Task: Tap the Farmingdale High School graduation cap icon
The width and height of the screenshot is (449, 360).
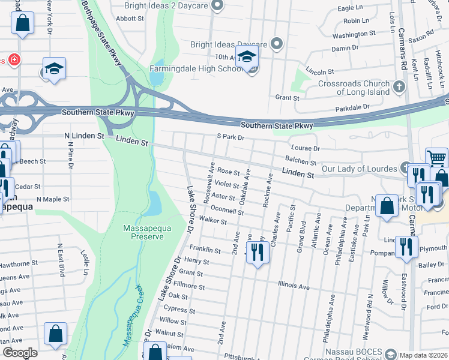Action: (246, 58)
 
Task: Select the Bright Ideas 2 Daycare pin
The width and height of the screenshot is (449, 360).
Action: (218, 6)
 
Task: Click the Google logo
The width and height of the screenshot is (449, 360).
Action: (20, 353)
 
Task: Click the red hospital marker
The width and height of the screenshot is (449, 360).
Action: (13, 60)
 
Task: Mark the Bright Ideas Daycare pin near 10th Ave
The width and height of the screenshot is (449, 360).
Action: (276, 44)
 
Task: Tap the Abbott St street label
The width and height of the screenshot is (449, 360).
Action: (130, 19)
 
